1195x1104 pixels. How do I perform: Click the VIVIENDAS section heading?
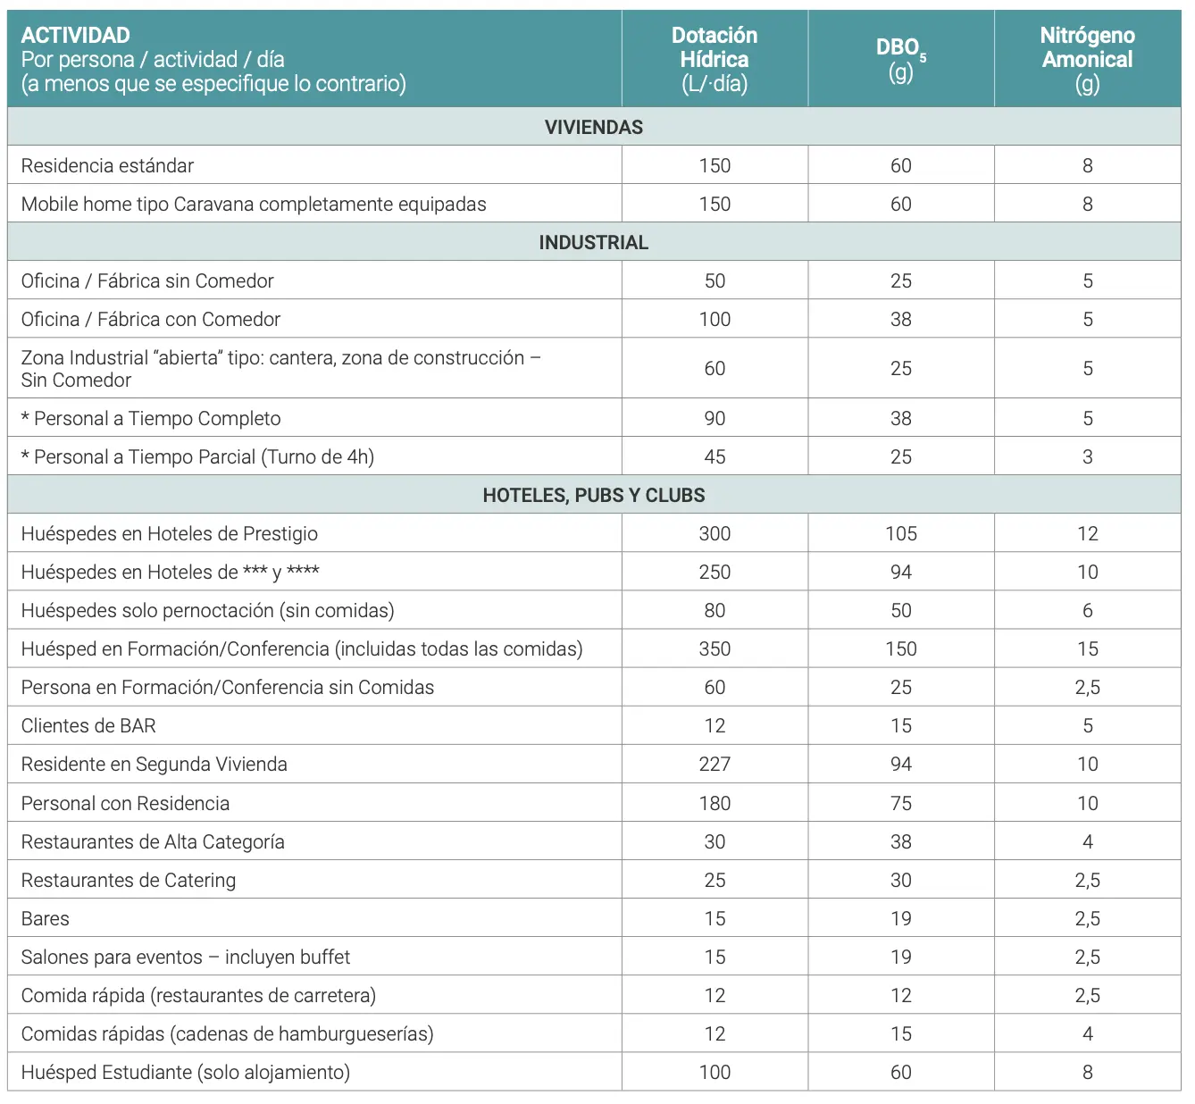pyautogui.click(x=593, y=127)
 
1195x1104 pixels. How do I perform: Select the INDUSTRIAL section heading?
pyautogui.click(x=593, y=242)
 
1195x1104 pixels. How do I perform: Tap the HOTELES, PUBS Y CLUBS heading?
pyautogui.click(x=593, y=495)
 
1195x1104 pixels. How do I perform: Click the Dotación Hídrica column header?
pyautogui.click(x=714, y=59)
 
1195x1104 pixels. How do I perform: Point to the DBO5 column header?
pyautogui.click(x=900, y=59)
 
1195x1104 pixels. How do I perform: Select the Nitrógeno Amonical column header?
pyautogui.click(x=1087, y=59)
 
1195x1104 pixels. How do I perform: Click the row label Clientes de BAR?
pyautogui.click(x=88, y=725)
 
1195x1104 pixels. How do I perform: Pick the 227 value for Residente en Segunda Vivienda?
pyautogui.click(x=714, y=764)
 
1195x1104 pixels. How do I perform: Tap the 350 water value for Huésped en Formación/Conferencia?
pyautogui.click(x=714, y=648)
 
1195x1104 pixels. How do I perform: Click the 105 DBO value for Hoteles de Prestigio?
pyautogui.click(x=900, y=533)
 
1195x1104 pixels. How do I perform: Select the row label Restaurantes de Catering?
pyautogui.click(x=129, y=880)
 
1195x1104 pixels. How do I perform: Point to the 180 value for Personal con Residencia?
pyautogui.click(x=714, y=803)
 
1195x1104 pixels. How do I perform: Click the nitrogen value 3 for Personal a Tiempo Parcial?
pyautogui.click(x=1087, y=456)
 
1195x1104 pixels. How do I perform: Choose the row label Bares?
pyautogui.click(x=46, y=918)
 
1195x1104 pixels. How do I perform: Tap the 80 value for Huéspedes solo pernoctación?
pyautogui.click(x=714, y=610)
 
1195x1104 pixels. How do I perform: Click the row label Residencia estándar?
pyautogui.click(x=107, y=165)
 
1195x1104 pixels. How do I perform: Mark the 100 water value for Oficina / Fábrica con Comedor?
pyautogui.click(x=714, y=319)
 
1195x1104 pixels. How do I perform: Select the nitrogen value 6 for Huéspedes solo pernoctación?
pyautogui.click(x=1087, y=610)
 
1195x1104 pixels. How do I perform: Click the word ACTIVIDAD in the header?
pyautogui.click(x=76, y=35)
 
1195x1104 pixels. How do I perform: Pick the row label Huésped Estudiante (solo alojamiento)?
pyautogui.click(x=186, y=1072)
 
